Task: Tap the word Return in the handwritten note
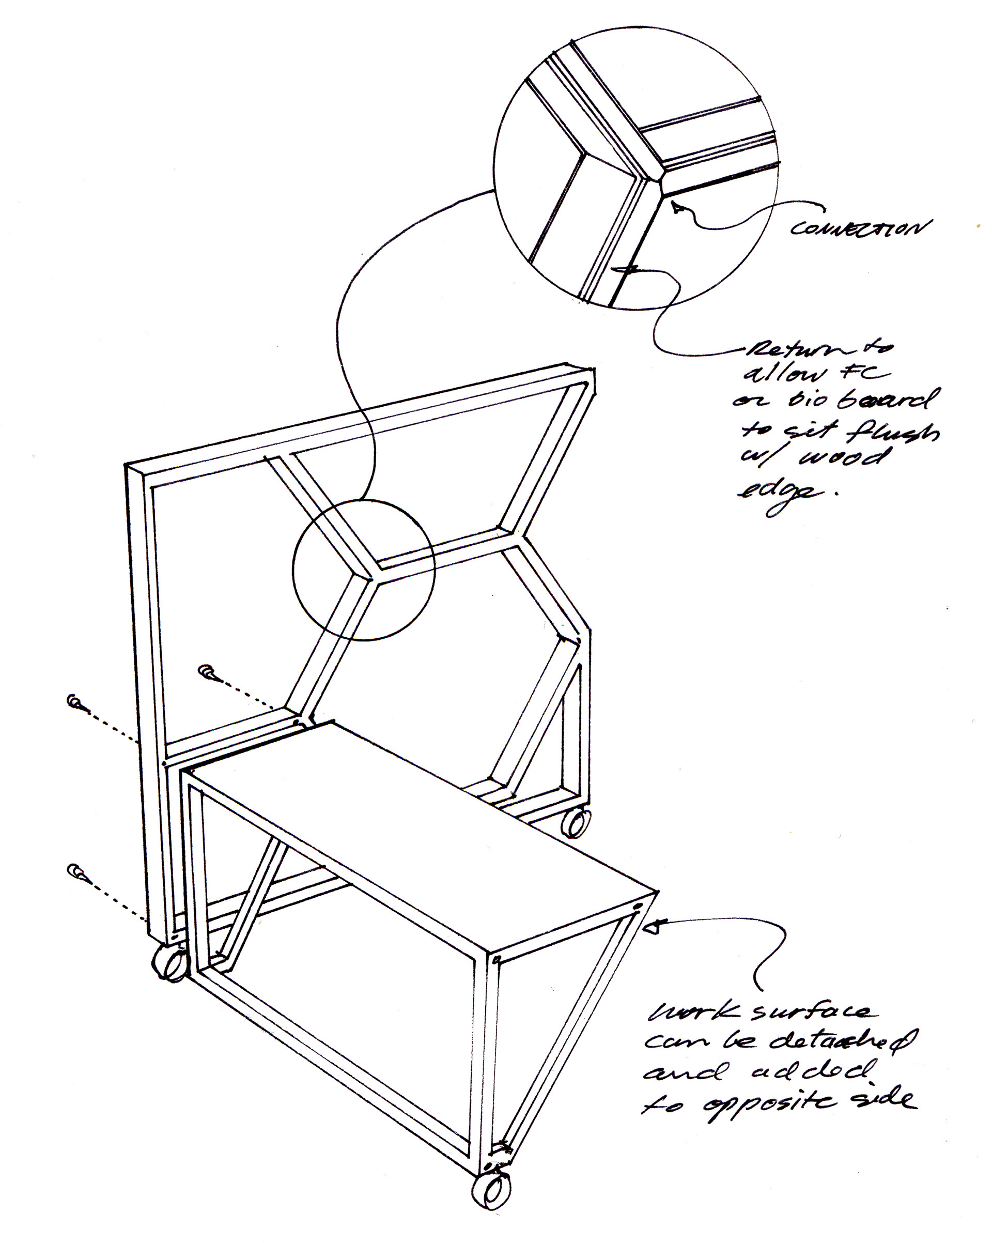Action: pyautogui.click(x=776, y=349)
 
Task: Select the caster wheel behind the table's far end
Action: pyautogui.click(x=577, y=823)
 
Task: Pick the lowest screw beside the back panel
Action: pyautogui.click(x=76, y=872)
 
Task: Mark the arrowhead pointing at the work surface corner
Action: pyautogui.click(x=654, y=944)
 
